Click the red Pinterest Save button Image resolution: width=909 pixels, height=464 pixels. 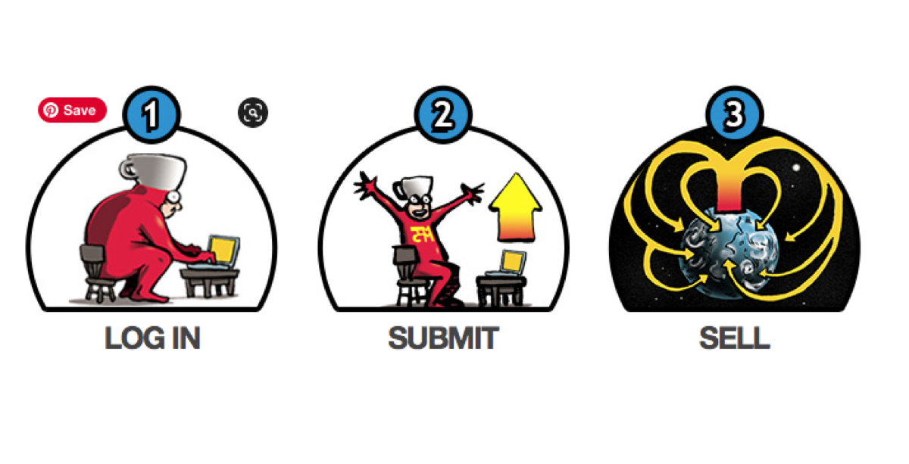click(x=72, y=110)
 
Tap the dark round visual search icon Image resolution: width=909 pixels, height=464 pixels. click(x=253, y=112)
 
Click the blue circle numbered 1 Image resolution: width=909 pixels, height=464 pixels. click(x=151, y=114)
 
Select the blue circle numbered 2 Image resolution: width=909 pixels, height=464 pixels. click(x=443, y=114)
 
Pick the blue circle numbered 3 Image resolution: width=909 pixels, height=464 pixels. click(x=735, y=114)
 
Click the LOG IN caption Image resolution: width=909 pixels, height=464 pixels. click(x=152, y=338)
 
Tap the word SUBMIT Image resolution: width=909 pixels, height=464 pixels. click(x=444, y=338)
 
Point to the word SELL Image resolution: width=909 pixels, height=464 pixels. click(x=735, y=338)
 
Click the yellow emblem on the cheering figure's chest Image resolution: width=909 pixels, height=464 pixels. click(x=422, y=234)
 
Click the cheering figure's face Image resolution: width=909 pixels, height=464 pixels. click(x=419, y=206)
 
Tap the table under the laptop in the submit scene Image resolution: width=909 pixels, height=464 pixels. click(x=501, y=291)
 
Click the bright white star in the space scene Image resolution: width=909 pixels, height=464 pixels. click(x=796, y=167)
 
